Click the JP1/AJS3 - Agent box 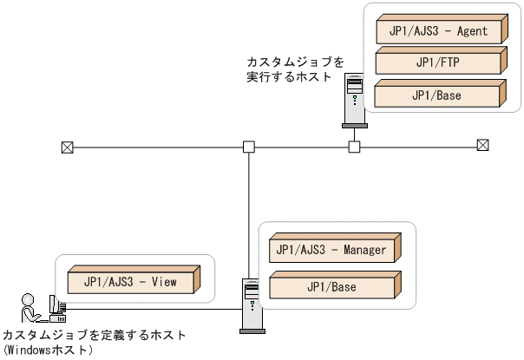[439, 32]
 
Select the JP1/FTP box [439, 63]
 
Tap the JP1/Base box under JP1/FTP [439, 95]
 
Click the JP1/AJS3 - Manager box [331, 251]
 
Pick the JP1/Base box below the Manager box [331, 285]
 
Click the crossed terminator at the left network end [67, 147]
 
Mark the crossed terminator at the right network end [483, 146]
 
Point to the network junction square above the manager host [248, 147]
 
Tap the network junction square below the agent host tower [354, 147]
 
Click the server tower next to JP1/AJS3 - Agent [354, 99]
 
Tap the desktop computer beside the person [56, 306]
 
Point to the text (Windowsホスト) [48, 350]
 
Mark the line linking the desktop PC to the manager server [152, 310]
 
